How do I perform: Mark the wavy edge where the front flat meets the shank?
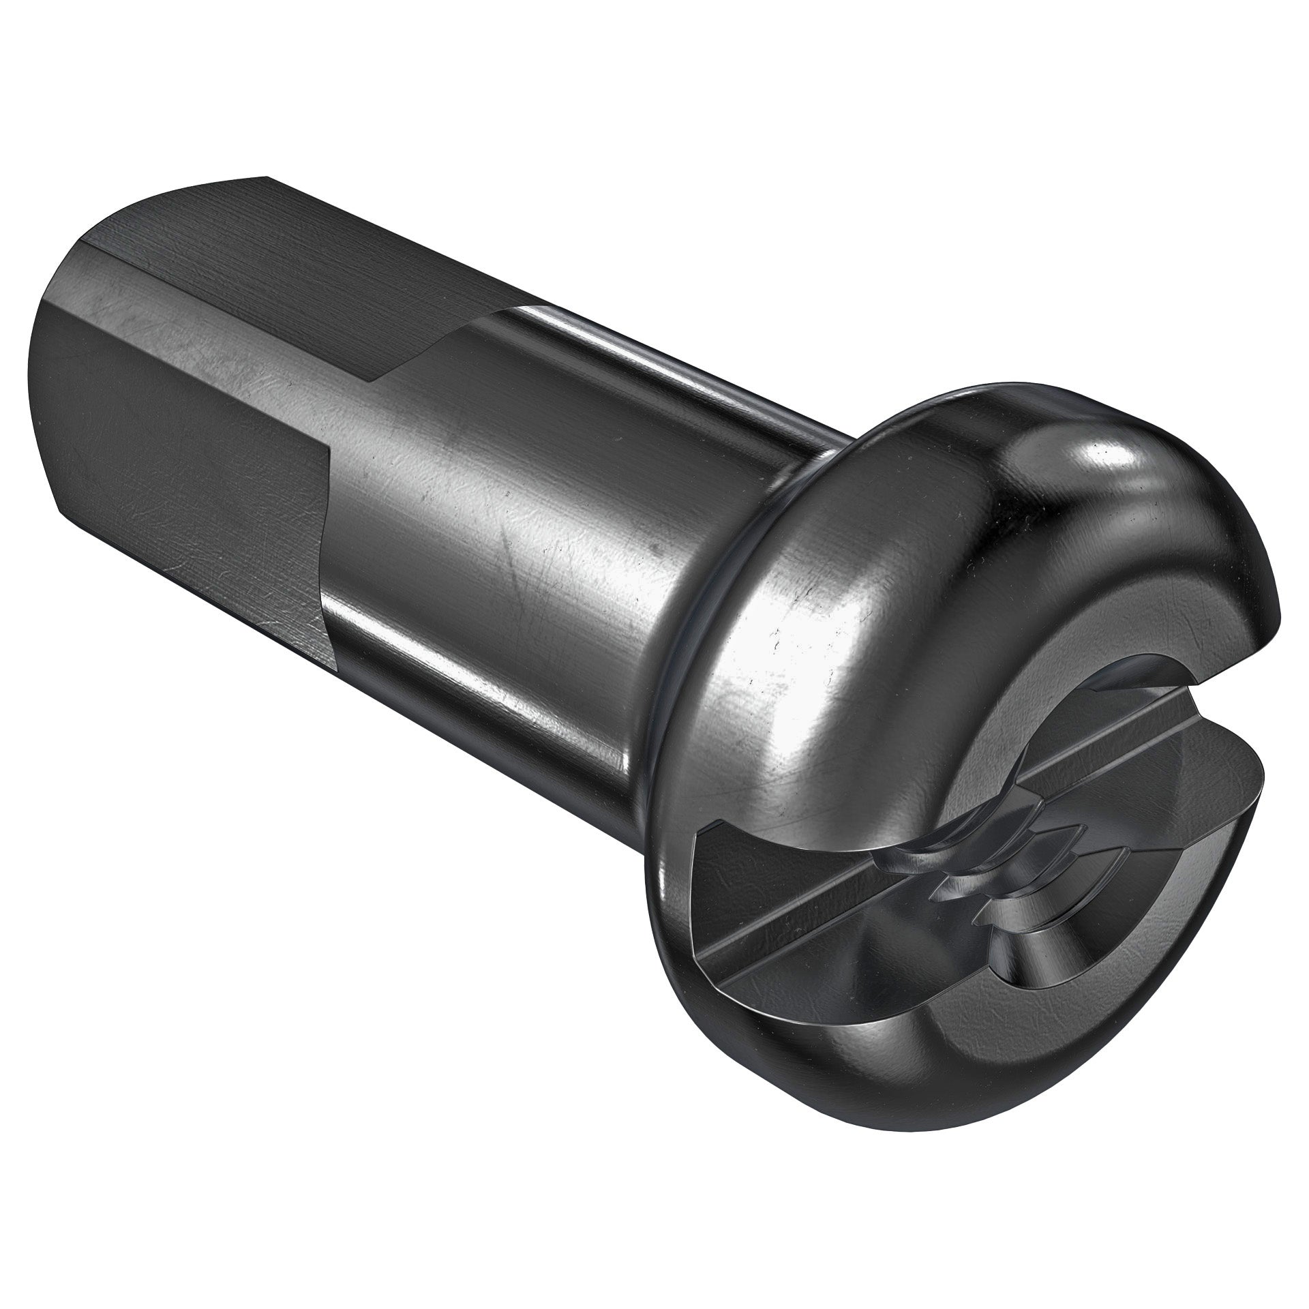pos(327,518)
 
